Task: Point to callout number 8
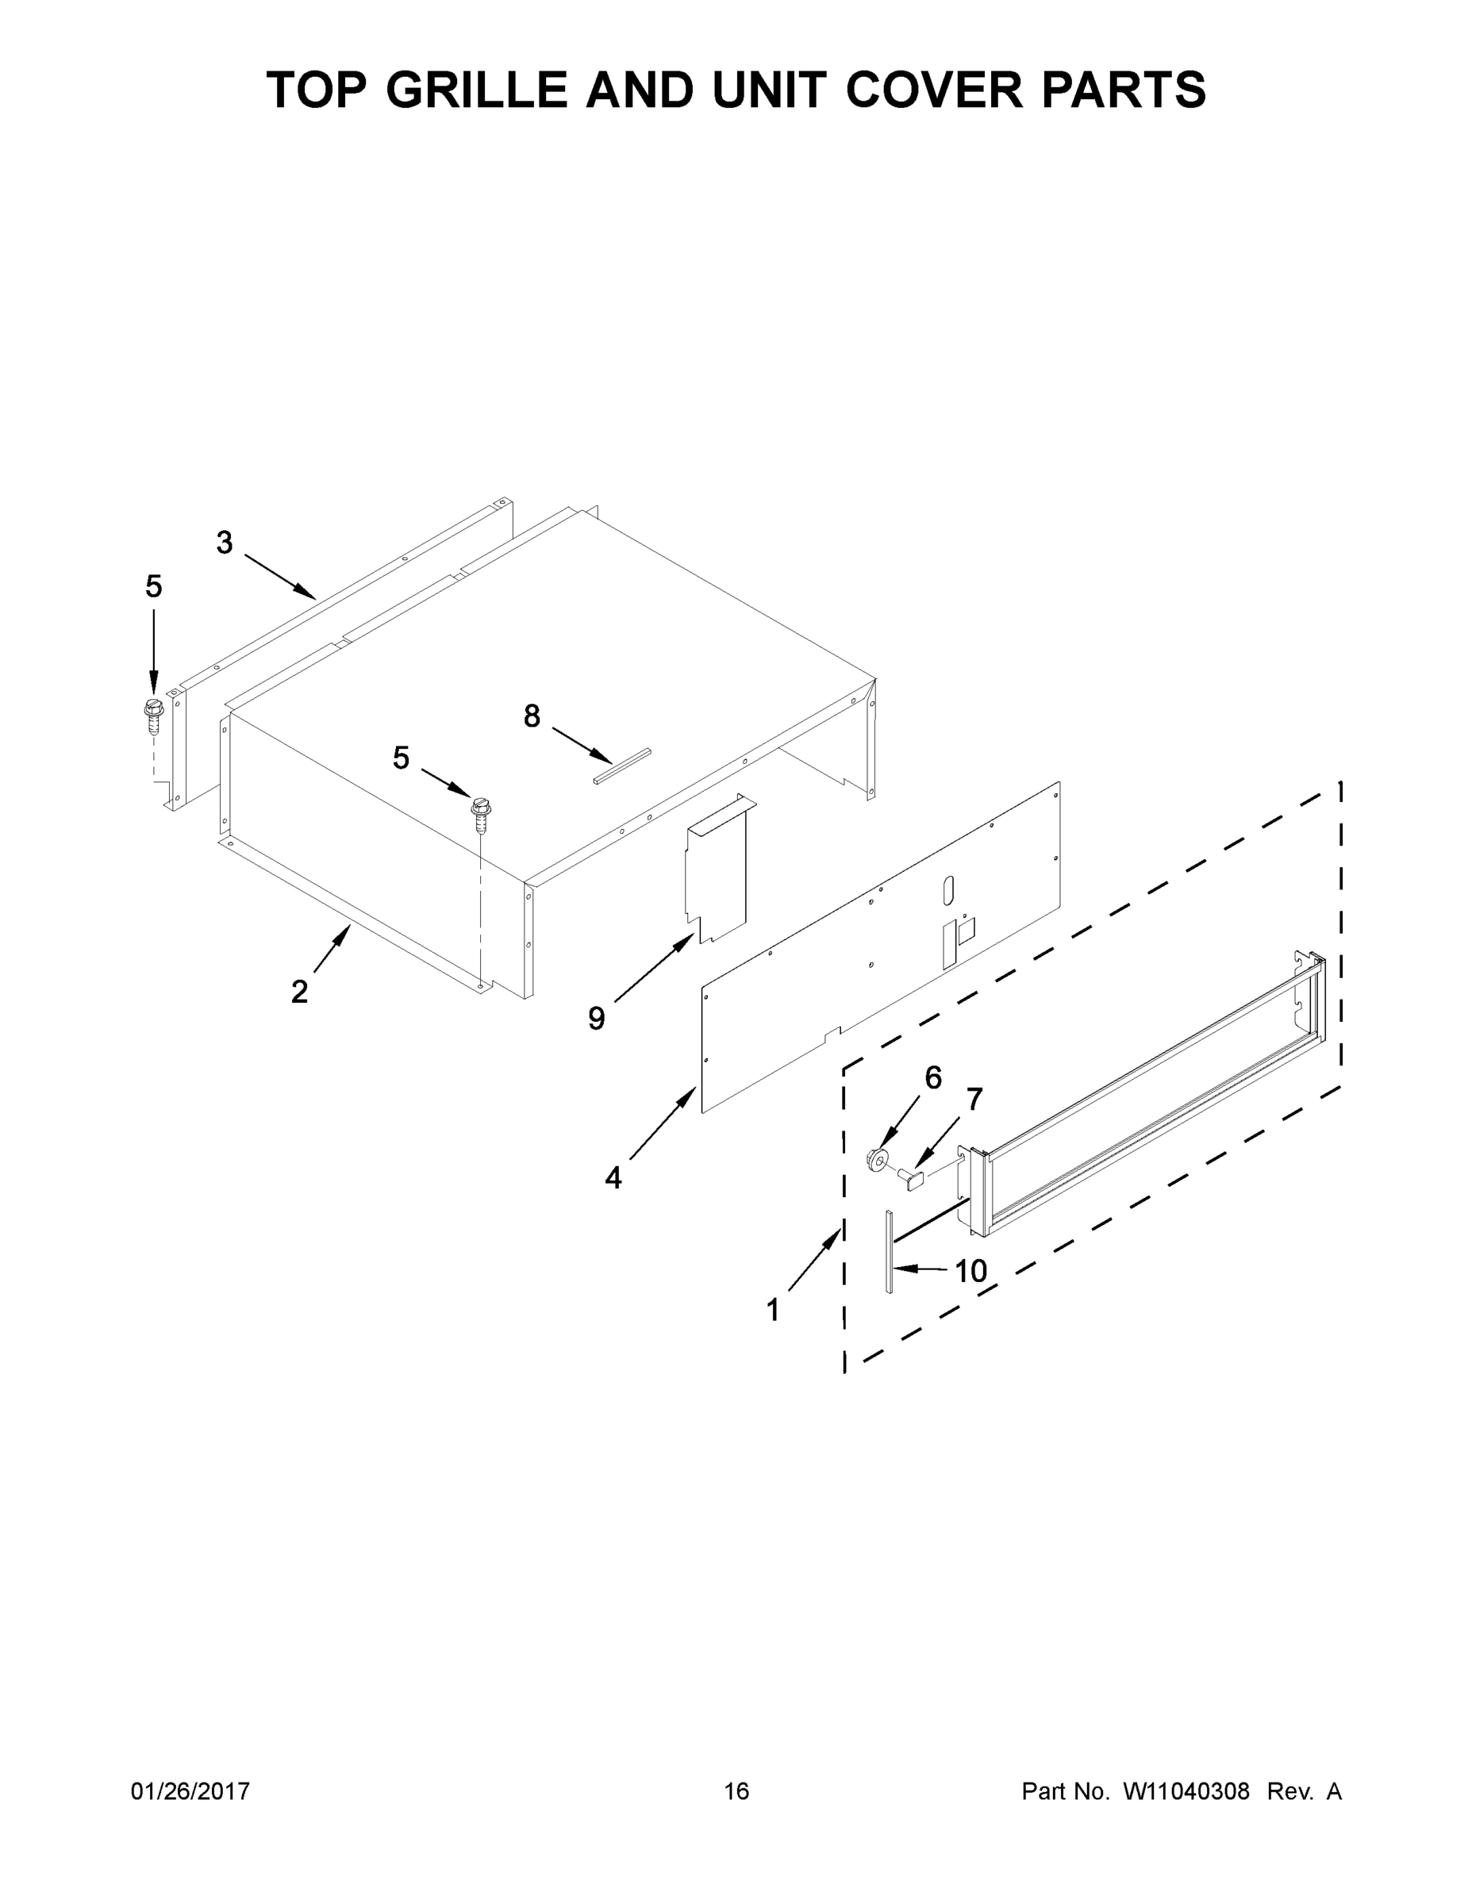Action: click(x=532, y=716)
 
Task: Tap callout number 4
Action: click(x=613, y=1178)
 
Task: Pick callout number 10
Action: click(x=970, y=1271)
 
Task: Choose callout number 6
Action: click(x=933, y=1078)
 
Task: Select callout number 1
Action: click(x=773, y=1311)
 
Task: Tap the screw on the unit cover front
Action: click(x=478, y=810)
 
